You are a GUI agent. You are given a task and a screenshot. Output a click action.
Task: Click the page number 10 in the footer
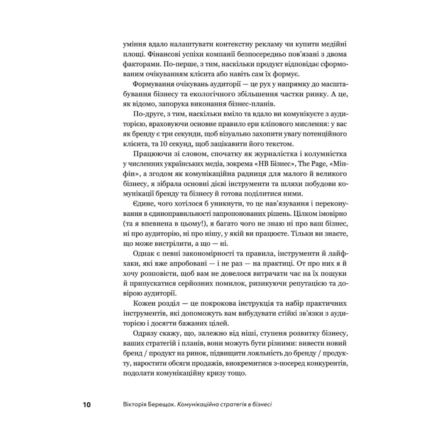[86, 405]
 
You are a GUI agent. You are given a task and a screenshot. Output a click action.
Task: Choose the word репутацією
[299, 284]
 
